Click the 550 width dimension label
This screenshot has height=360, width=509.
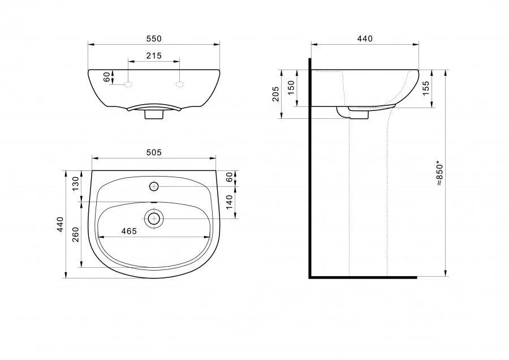153,38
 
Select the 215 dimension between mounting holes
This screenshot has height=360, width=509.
153,56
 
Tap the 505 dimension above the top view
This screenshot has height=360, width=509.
153,152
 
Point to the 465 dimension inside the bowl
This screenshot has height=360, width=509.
129,231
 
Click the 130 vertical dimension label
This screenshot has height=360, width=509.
75,183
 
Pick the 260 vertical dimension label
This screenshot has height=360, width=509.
75,234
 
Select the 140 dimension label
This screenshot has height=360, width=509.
229,202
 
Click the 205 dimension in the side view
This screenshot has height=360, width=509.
275,93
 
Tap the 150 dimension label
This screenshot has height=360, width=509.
291,88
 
